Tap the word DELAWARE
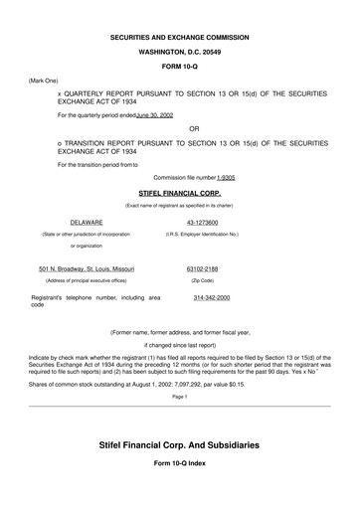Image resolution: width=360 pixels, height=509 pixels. [x=87, y=222]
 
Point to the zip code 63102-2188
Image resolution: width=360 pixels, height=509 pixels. [x=202, y=269]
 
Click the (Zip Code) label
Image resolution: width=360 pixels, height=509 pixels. [x=202, y=281]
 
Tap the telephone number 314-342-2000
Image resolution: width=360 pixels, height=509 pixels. [x=212, y=298]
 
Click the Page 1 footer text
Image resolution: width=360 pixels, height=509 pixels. [x=179, y=396]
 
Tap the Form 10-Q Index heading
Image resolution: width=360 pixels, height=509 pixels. [x=179, y=464]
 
